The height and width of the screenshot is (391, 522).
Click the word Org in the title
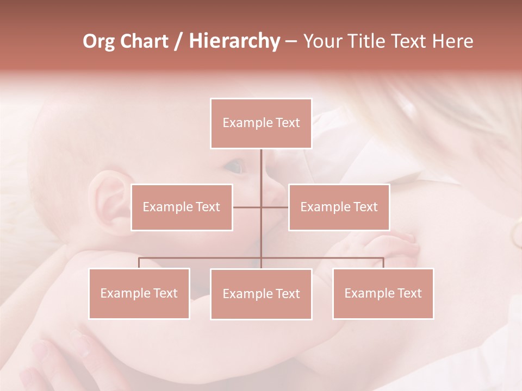[98, 41]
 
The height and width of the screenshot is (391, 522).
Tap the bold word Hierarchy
[234, 41]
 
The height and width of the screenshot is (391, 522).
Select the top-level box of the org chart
[261, 123]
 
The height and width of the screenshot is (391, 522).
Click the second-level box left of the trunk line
[182, 207]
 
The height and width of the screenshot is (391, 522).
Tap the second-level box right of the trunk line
[339, 207]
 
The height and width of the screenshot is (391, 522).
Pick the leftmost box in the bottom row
[139, 293]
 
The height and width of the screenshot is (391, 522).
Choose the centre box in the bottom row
[261, 294]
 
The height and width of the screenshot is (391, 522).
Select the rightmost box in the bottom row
[383, 293]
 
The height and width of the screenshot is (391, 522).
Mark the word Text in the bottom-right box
[409, 293]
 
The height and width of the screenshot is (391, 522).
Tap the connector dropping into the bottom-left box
[139, 263]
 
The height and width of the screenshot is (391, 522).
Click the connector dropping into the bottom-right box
[383, 263]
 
